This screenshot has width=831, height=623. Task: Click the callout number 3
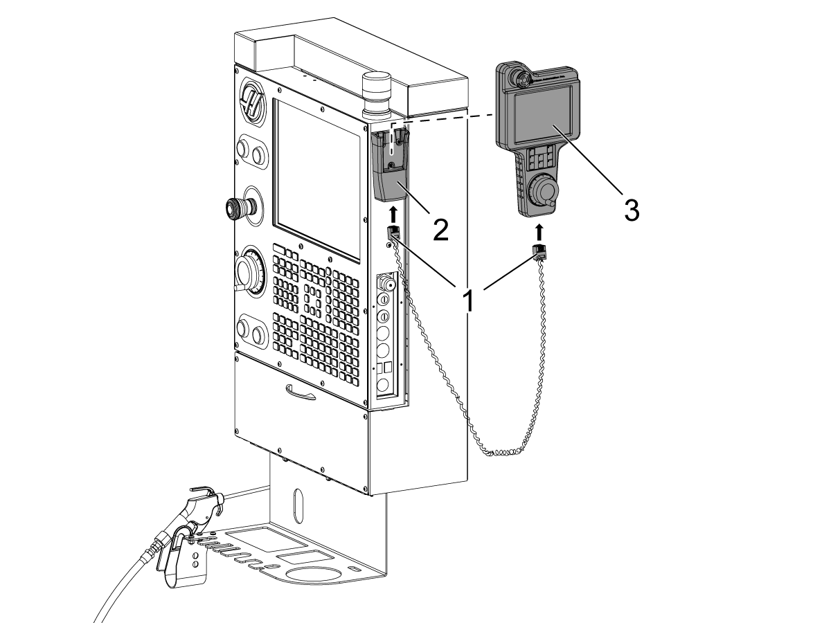(630, 209)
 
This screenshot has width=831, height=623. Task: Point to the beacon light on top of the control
(378, 93)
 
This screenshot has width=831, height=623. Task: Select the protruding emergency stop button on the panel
(238, 206)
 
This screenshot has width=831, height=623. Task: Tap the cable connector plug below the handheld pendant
(537, 253)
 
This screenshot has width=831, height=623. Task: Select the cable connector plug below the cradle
(393, 233)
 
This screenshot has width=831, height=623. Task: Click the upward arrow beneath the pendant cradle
(393, 211)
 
